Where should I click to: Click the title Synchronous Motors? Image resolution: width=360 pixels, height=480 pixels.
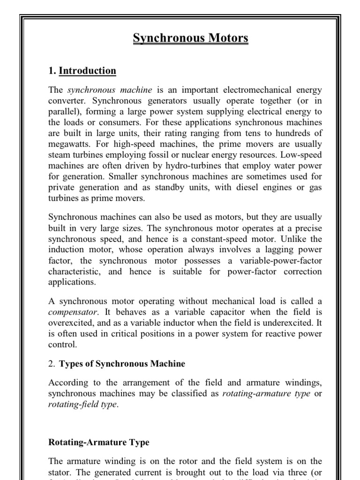pyautogui.click(x=190, y=38)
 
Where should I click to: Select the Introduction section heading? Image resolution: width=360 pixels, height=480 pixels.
pyautogui.click(x=88, y=71)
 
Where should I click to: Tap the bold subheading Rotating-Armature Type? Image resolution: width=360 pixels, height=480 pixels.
pyautogui.click(x=98, y=442)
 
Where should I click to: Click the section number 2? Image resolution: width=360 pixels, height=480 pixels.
pyautogui.click(x=52, y=364)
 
